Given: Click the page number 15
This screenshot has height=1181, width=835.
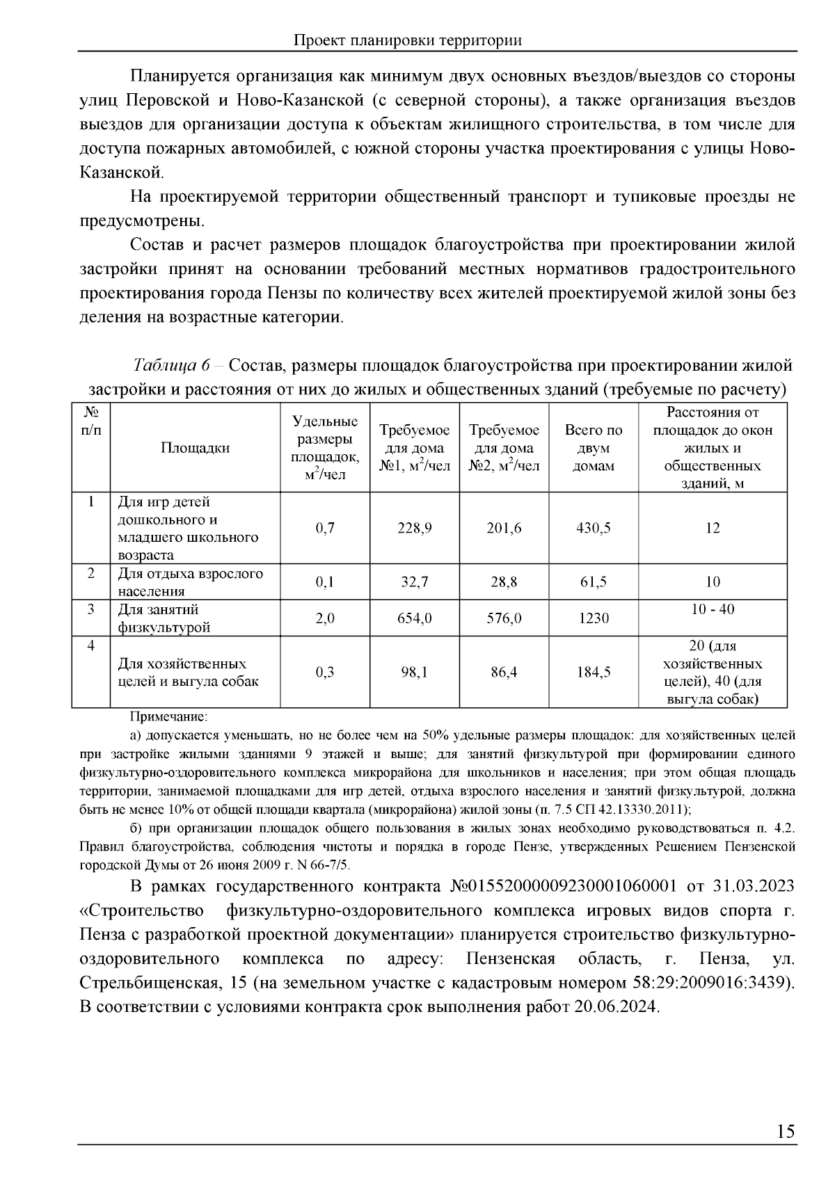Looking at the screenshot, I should click(x=786, y=1132).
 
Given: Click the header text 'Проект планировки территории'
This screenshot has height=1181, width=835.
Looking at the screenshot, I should click(x=408, y=40).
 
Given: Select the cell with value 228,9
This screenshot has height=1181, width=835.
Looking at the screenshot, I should click(x=415, y=528).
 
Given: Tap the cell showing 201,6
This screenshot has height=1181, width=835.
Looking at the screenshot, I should click(x=504, y=528).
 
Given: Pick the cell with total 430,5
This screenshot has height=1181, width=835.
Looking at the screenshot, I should click(x=594, y=528).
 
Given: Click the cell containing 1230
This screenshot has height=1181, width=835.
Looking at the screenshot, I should click(x=594, y=618).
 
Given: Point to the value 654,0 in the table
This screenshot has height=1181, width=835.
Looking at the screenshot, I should click(x=415, y=618).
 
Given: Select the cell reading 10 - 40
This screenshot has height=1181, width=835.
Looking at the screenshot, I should click(x=713, y=609).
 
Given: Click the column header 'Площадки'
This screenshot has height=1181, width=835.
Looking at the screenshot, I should click(x=196, y=448).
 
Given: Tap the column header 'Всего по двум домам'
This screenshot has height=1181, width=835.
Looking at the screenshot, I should click(x=594, y=448).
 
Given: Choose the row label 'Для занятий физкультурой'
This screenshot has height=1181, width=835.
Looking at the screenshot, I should click(x=164, y=618).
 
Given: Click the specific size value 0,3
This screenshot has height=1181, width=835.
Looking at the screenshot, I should click(x=325, y=672).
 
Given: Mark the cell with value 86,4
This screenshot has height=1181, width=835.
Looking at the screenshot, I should click(x=504, y=672).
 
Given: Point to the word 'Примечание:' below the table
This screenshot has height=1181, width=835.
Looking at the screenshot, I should click(x=168, y=716).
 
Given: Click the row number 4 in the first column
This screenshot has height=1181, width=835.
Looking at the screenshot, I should click(x=91, y=645).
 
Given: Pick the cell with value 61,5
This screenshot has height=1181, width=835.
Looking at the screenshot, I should click(x=594, y=582).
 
